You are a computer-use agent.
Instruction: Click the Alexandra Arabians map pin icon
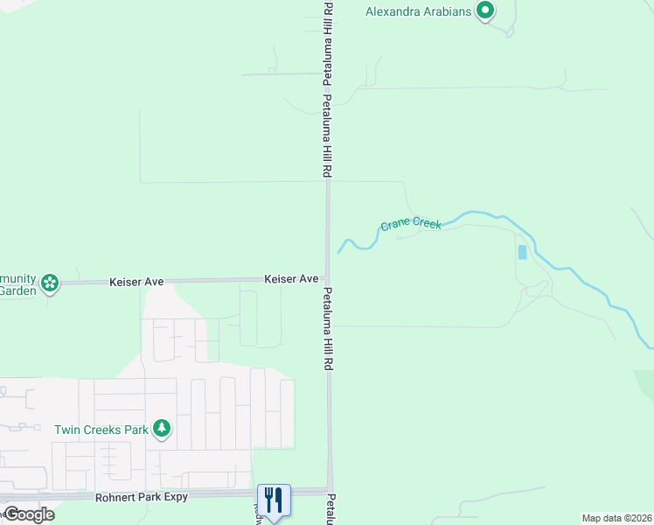(x=484, y=11)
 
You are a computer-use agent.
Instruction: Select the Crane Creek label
(x=411, y=225)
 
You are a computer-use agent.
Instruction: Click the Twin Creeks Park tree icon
(x=161, y=429)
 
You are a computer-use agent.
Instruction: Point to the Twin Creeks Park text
(x=101, y=430)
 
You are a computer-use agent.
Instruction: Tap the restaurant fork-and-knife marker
(x=274, y=500)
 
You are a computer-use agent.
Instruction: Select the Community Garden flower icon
(x=51, y=282)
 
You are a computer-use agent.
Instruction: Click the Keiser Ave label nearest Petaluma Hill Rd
(x=291, y=278)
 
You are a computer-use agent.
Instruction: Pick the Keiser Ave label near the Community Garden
(x=136, y=282)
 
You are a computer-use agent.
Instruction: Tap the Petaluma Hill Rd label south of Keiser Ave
(x=329, y=326)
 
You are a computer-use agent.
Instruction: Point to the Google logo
(x=28, y=514)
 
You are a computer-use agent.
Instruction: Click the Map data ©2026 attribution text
(x=616, y=518)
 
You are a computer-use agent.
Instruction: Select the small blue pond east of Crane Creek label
(x=522, y=252)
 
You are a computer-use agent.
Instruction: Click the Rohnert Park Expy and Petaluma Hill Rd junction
(x=330, y=491)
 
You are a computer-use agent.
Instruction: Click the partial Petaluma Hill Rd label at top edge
(x=328, y=35)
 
